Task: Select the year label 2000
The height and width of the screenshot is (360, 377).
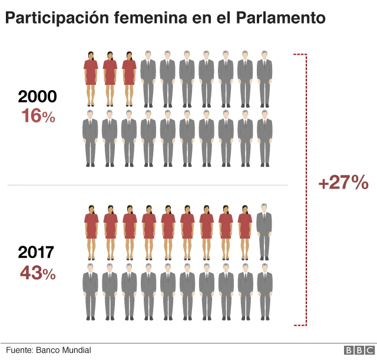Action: point(38,98)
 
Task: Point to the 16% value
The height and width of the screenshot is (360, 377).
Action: point(38,116)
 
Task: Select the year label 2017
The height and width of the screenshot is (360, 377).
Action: point(36,253)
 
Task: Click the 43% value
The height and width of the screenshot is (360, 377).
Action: point(38,273)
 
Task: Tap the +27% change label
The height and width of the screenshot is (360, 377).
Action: point(343,183)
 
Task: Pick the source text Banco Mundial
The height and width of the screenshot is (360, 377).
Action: point(64,350)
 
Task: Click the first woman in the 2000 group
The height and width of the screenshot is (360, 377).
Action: point(90,77)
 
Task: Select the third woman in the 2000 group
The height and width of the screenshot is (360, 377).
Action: point(129,77)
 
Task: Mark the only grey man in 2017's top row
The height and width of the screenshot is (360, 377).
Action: point(264,231)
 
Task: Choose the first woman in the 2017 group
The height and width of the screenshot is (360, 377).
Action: point(90,232)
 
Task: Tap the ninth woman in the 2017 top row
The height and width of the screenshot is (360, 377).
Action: point(245,232)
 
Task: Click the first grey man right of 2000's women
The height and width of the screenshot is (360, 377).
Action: point(148,77)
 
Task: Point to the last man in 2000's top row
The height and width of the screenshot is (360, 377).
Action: point(264,77)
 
